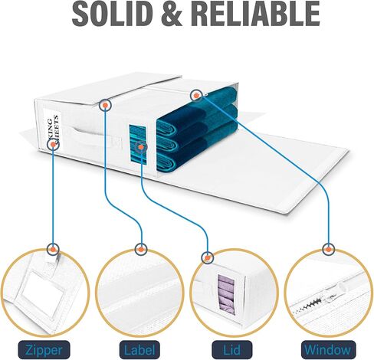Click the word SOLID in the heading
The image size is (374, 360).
coord(110,13)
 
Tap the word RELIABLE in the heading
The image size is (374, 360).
coord(255,13)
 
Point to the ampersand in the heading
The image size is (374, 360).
coord(169,13)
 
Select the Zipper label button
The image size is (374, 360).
coord(44,350)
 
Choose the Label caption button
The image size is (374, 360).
coord(139,350)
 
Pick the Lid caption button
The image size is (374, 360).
coord(232,350)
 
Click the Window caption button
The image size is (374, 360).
coord(328,350)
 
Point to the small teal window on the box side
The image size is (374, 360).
coord(138,145)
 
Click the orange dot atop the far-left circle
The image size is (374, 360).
coord(53,250)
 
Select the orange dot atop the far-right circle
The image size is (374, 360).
coord(329,250)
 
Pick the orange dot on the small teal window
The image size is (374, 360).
coord(141,147)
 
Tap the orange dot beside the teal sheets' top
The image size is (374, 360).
coord(196,96)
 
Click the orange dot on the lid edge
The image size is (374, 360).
coord(105,105)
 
